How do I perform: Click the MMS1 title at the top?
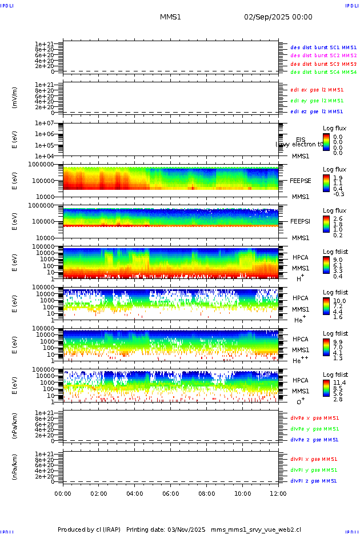[170, 17]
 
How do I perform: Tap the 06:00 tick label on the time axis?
[170, 493]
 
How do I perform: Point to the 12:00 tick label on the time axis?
[278, 493]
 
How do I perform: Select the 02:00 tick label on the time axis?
[99, 493]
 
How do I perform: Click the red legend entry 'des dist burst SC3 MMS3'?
[323, 64]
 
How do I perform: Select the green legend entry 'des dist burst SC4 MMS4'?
[323, 73]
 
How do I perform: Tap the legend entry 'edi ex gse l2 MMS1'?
[317, 90]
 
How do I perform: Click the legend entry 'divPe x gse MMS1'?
[314, 418]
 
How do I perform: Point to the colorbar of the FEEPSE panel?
[326, 182]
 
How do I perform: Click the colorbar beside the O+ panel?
[326, 388]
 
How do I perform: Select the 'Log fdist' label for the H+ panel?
[335, 252]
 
